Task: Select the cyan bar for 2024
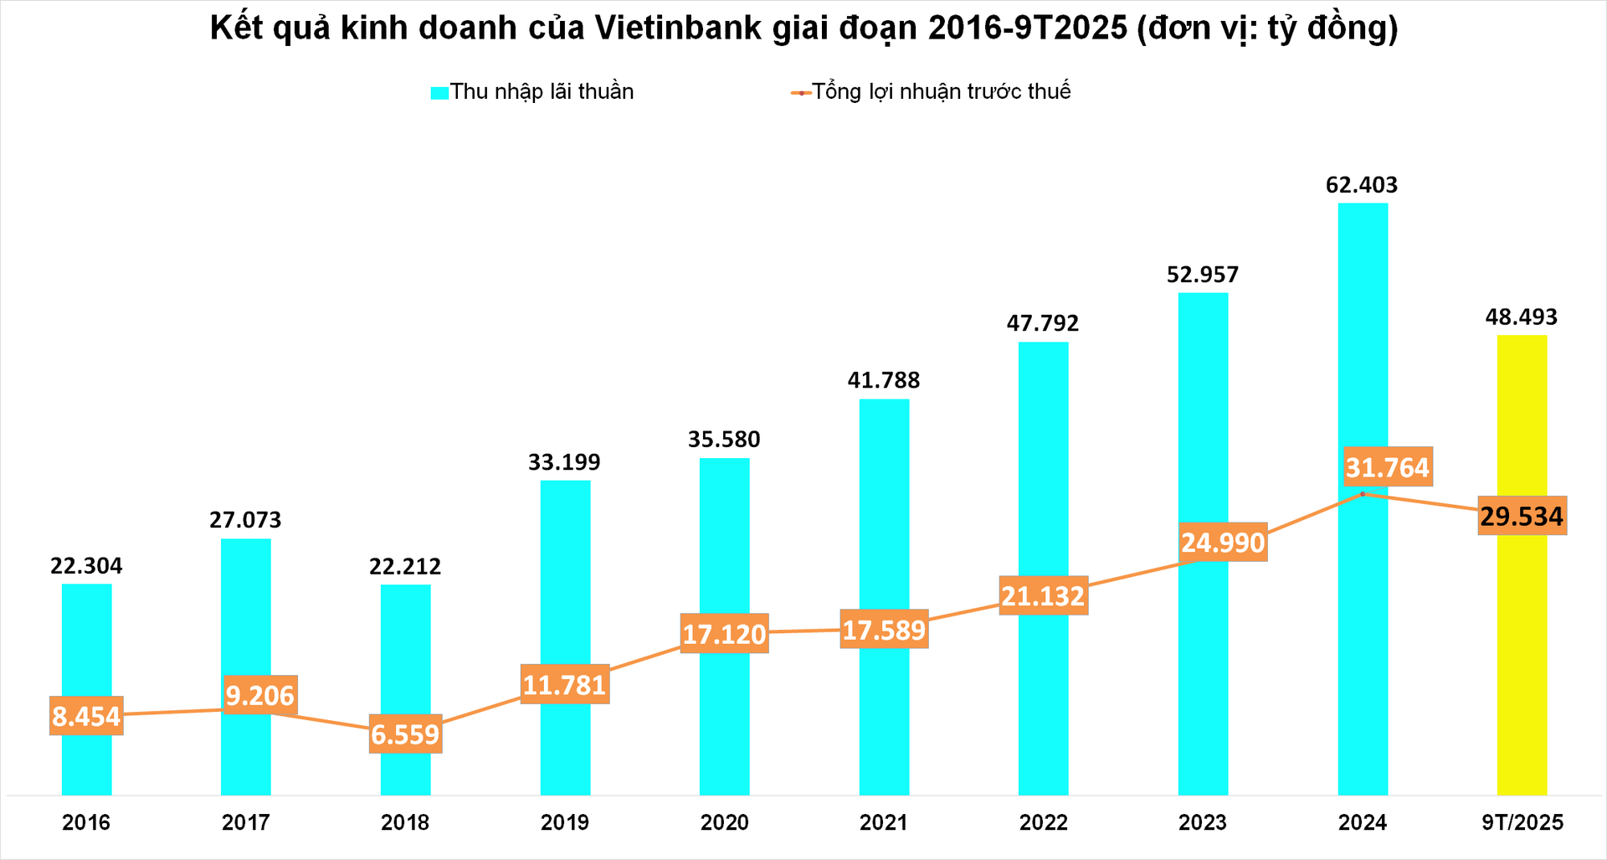click(x=1363, y=352)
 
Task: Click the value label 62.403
click(x=1362, y=185)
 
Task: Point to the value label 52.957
click(x=1203, y=275)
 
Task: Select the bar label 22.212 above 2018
click(x=405, y=567)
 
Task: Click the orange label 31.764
click(x=1387, y=467)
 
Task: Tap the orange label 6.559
click(x=405, y=734)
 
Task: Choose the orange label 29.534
click(x=1522, y=516)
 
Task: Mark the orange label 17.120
click(x=724, y=634)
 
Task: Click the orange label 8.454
click(x=86, y=716)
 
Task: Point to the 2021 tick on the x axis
click(x=884, y=822)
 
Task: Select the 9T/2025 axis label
click(x=1522, y=822)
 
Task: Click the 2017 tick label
click(x=245, y=822)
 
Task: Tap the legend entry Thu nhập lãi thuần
click(x=542, y=91)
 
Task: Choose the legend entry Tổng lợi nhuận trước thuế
click(x=941, y=91)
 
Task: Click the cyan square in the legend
click(x=439, y=93)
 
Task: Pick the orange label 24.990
click(x=1223, y=543)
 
